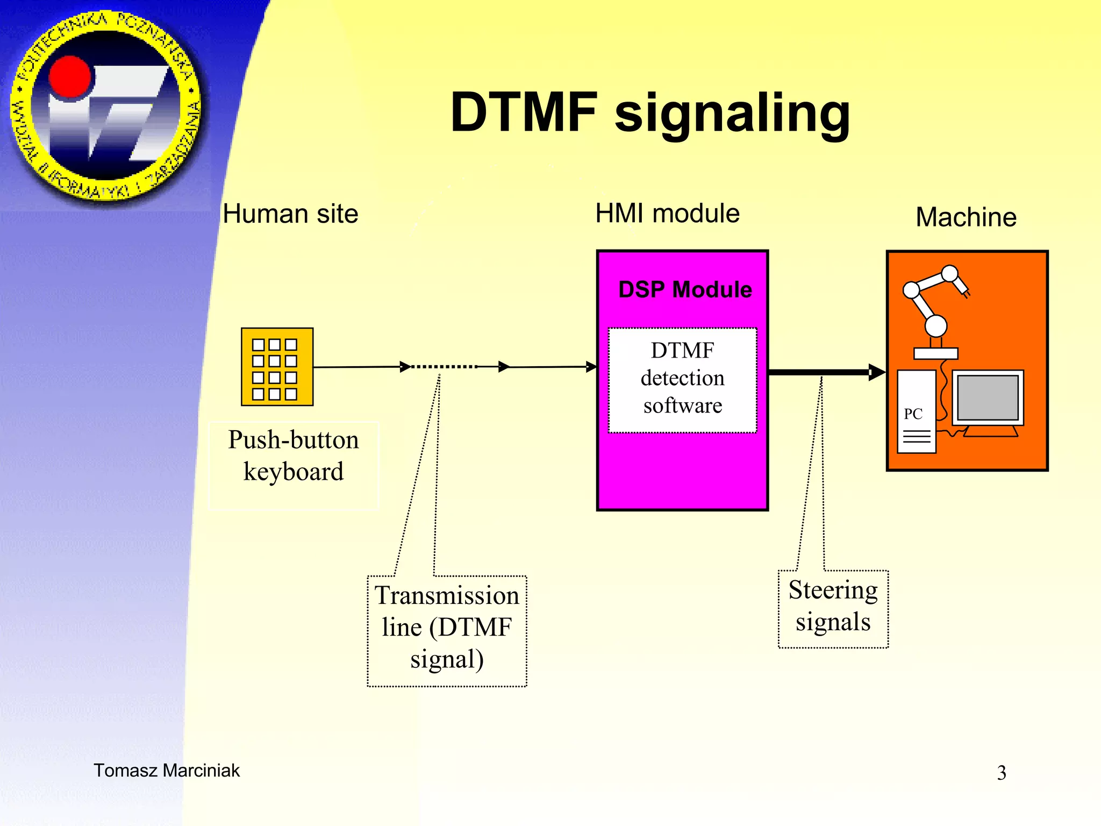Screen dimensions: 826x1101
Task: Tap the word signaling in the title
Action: pyautogui.click(x=732, y=114)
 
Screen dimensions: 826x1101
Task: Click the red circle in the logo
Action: pyautogui.click(x=70, y=78)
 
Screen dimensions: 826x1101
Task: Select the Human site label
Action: pyautogui.click(x=290, y=214)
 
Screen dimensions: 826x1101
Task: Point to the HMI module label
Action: pyautogui.click(x=667, y=213)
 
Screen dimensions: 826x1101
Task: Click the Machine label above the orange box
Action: pyautogui.click(x=966, y=217)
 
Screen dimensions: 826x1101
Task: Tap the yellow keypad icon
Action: pyautogui.click(x=277, y=367)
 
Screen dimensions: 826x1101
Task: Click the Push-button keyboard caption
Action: pyautogui.click(x=293, y=455)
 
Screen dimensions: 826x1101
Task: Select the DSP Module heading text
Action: pyautogui.click(x=684, y=289)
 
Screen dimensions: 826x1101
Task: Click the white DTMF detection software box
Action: pyautogui.click(x=682, y=380)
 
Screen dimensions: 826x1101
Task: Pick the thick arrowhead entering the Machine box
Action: pyautogui.click(x=876, y=372)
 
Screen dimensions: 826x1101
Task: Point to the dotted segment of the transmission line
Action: pyautogui.click(x=444, y=367)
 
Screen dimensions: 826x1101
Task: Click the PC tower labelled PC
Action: pyautogui.click(x=916, y=411)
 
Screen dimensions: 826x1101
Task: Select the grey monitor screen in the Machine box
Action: pyautogui.click(x=988, y=397)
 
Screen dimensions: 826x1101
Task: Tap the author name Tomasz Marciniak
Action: pyautogui.click(x=167, y=770)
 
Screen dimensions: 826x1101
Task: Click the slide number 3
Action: pyautogui.click(x=1001, y=773)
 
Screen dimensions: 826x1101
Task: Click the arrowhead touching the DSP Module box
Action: pyautogui.click(x=591, y=367)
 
